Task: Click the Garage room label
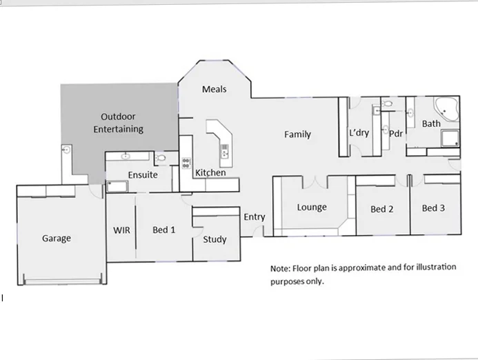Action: click(56, 239)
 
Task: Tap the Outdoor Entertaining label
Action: click(121, 123)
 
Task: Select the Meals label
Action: click(214, 89)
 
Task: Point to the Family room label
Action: click(297, 134)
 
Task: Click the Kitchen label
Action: click(210, 172)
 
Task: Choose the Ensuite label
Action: click(143, 175)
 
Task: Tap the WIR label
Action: click(121, 230)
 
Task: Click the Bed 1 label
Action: click(163, 230)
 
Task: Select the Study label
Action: click(215, 240)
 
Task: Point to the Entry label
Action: click(254, 217)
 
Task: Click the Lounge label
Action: click(312, 207)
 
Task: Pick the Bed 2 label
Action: click(381, 209)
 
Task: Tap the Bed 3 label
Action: click(433, 208)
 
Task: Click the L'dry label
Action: click(359, 132)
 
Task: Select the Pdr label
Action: click(395, 134)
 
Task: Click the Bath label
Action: click(431, 124)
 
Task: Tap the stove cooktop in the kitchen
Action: click(186, 163)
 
